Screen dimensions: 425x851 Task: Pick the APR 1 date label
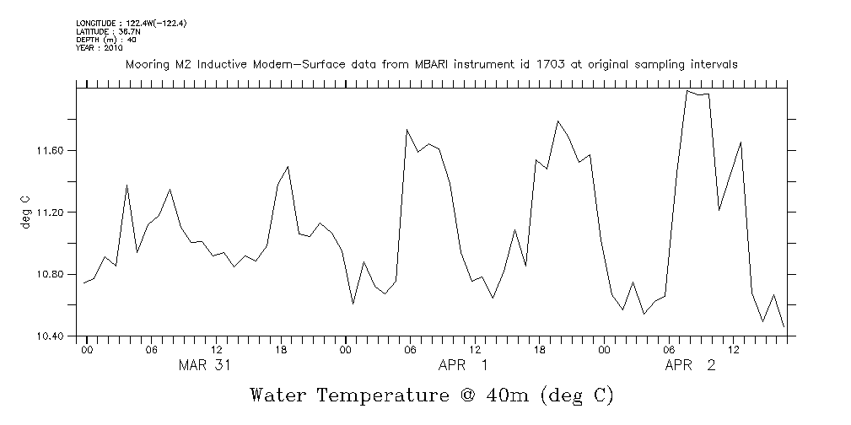tap(463, 365)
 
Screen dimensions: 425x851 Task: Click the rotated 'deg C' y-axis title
tap(25, 212)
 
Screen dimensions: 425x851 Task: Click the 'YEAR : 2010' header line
tap(100, 48)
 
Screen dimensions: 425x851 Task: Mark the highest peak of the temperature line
tap(687, 90)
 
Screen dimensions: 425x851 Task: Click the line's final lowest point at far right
tap(784, 326)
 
